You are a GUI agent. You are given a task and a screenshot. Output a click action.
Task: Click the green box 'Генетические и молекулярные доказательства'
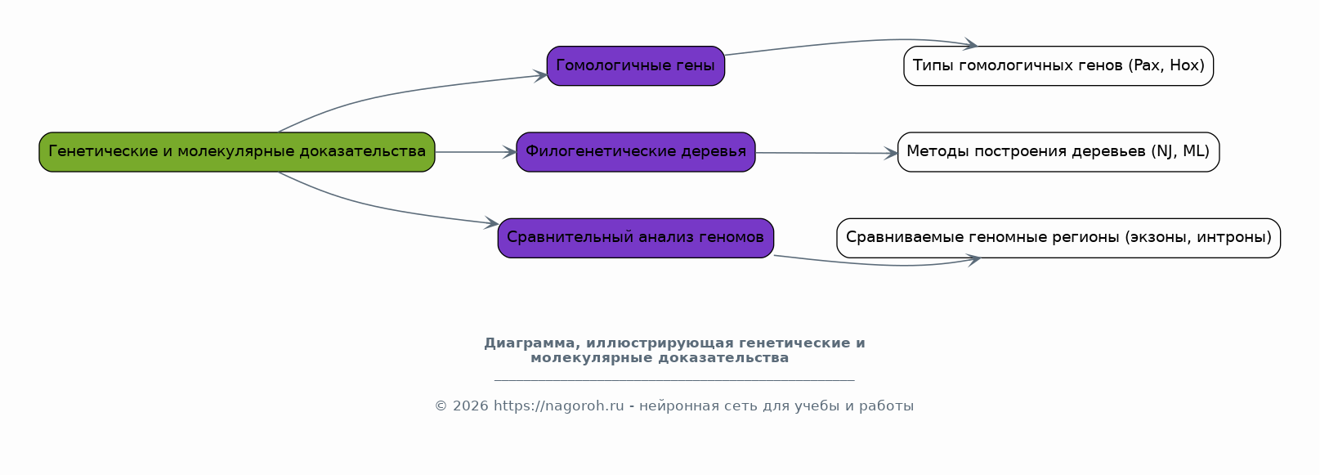point(237,152)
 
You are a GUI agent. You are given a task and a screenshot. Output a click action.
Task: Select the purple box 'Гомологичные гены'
point(636,66)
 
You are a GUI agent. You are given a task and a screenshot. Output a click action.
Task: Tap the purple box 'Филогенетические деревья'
point(636,152)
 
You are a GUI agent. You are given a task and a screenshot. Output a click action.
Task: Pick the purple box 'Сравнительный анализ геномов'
point(636,238)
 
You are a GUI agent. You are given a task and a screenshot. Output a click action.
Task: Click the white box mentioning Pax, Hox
point(1058,66)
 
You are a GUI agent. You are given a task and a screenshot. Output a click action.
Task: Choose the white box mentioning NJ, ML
point(1058,152)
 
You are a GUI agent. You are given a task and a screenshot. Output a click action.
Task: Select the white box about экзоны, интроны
point(1058,238)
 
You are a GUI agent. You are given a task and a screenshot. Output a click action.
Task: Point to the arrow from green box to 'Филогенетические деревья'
point(476,152)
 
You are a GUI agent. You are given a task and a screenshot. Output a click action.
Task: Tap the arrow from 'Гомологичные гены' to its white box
point(848,42)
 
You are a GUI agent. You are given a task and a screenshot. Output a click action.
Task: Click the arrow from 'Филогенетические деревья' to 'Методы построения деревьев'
point(826,153)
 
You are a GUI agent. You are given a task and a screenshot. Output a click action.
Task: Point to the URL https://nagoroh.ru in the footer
point(558,406)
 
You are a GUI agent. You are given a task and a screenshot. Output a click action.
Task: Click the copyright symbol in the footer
point(441,406)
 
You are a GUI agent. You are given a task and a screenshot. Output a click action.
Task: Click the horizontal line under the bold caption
point(674,381)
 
